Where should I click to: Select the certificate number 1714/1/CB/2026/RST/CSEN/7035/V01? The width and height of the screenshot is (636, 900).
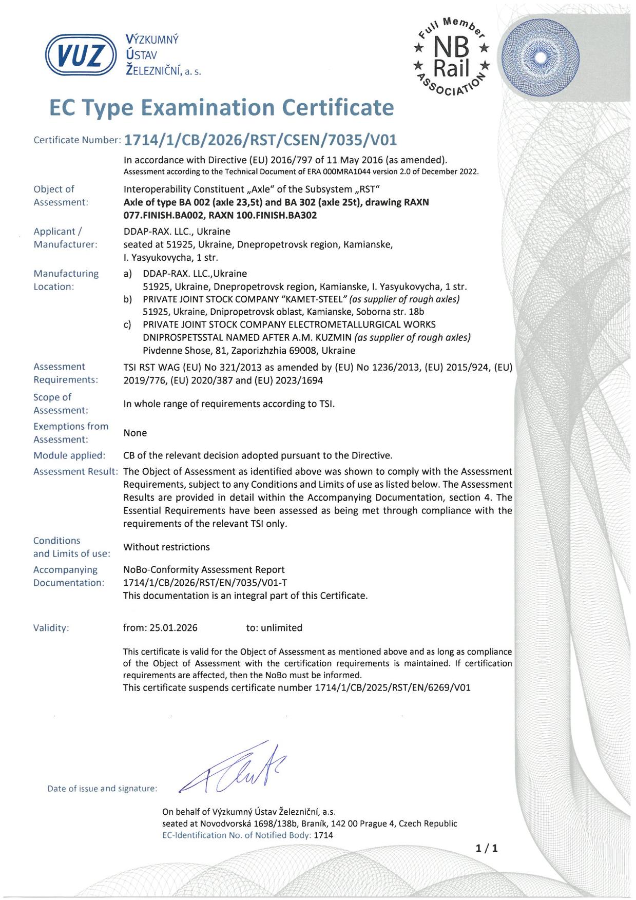point(261,140)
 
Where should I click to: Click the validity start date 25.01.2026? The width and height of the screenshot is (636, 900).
point(174,627)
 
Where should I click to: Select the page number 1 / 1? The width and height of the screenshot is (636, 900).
point(487,848)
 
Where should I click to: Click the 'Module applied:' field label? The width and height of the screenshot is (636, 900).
point(69,455)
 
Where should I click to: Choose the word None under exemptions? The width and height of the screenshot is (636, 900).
point(135,433)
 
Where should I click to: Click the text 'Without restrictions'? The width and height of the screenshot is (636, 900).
point(166,547)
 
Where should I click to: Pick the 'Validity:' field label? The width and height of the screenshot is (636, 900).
point(51,627)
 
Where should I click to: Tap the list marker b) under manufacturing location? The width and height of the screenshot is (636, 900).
point(128,299)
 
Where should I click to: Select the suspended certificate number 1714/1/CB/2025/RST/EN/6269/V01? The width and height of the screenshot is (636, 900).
point(393,687)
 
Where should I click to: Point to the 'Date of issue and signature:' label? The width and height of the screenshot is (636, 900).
point(102,788)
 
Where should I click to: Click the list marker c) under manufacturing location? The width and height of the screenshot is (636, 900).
point(128,324)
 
